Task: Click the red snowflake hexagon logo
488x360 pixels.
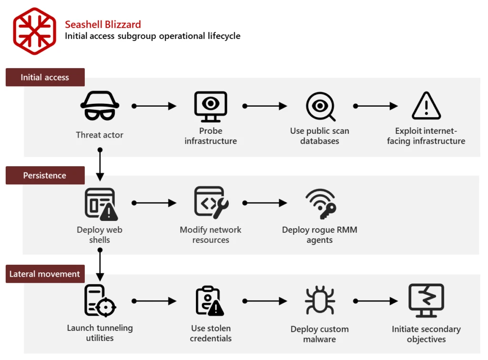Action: tap(34, 31)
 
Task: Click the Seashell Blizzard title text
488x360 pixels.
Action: tap(103, 24)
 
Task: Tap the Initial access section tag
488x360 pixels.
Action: tap(45, 77)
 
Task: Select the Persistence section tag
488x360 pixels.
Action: tap(45, 175)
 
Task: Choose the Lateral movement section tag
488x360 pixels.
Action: tap(45, 274)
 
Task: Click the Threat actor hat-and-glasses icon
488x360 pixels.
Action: tap(100, 106)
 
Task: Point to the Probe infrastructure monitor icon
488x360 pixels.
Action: tap(211, 106)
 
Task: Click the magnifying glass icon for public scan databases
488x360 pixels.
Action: tap(320, 106)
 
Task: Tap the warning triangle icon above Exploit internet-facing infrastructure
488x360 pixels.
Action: tap(426, 106)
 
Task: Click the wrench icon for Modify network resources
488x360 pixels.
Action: tap(211, 202)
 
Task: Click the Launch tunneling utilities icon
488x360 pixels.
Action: tap(100, 301)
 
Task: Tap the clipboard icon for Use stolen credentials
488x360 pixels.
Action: tap(210, 301)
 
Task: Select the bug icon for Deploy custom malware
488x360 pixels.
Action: tap(320, 301)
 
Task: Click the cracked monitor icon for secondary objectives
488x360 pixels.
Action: tap(426, 300)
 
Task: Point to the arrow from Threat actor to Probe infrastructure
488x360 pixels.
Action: tap(155, 106)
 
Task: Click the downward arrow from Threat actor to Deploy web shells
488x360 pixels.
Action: tap(100, 165)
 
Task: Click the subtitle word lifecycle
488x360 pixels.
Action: tap(224, 36)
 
